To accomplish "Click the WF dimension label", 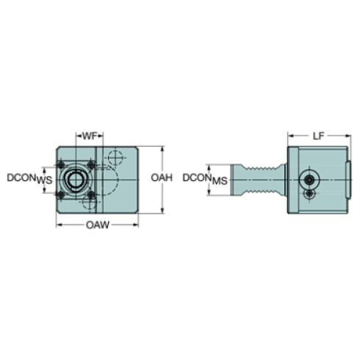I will pos(88,136).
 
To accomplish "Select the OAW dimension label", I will pos(97,225).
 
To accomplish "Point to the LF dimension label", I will pos(317,136).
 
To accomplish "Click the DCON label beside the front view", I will pos(21,177).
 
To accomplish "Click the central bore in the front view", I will pos(74,180).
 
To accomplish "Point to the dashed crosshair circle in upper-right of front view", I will pos(113,158).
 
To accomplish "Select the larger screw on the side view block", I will pos(311,179).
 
